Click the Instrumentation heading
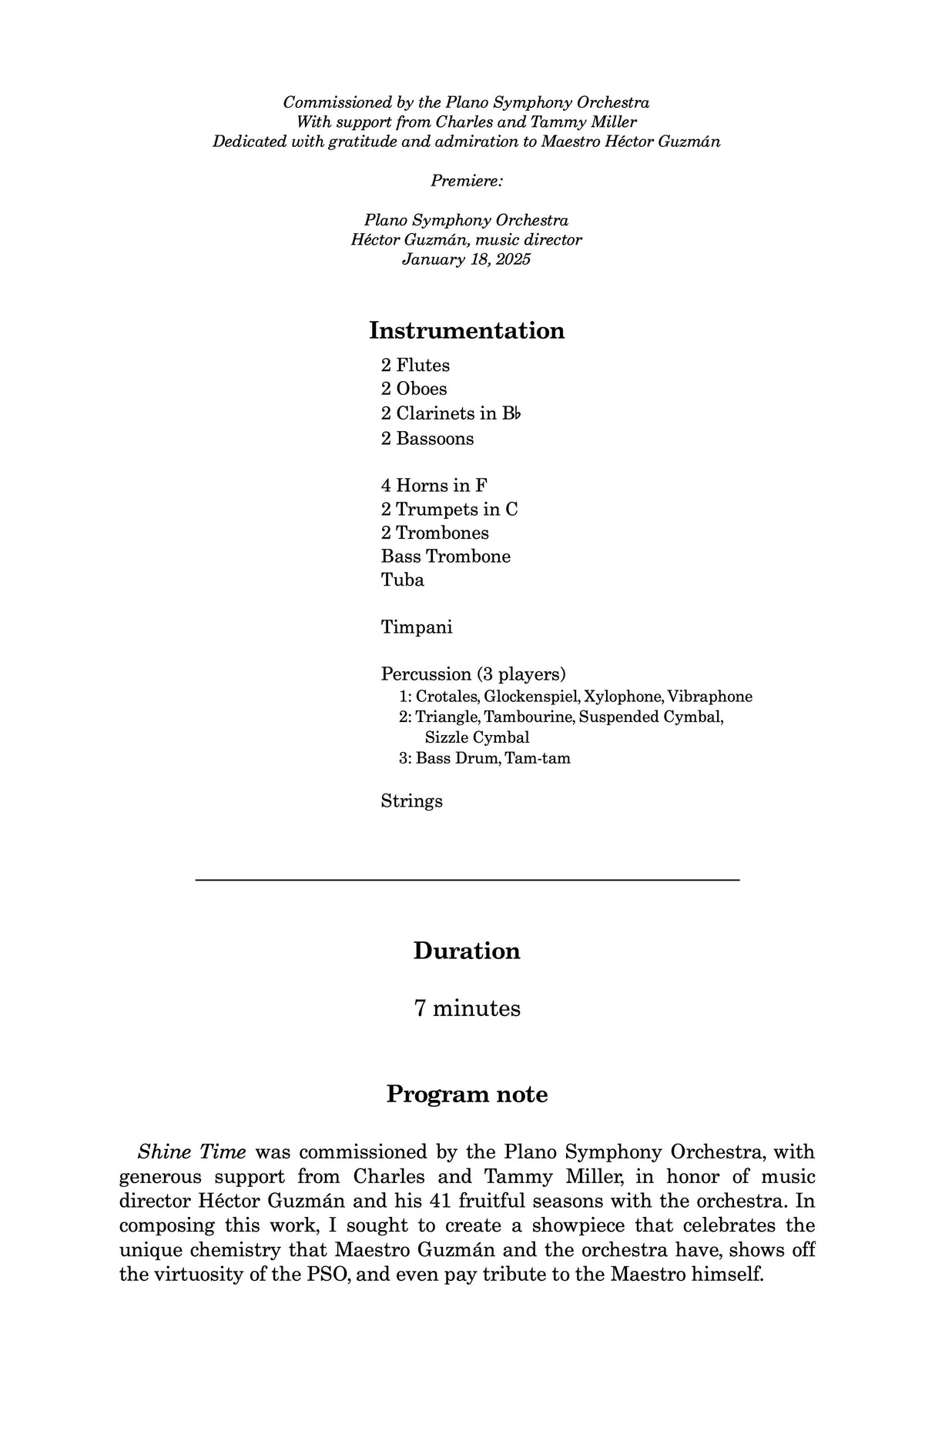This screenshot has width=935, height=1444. click(x=467, y=330)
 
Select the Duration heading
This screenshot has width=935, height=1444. click(x=467, y=951)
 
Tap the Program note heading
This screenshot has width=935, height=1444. click(x=467, y=1094)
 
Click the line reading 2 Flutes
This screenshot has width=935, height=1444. click(x=415, y=365)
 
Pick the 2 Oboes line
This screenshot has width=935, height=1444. click(x=414, y=389)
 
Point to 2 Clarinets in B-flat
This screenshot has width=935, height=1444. click(x=451, y=413)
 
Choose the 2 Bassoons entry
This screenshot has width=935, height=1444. click(x=427, y=439)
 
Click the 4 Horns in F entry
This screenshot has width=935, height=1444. click(x=434, y=486)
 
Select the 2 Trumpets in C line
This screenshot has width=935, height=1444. click(x=449, y=510)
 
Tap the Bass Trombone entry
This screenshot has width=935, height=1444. click(x=445, y=557)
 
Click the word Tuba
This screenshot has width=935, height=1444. click(x=402, y=580)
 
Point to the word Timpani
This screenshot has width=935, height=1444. click(x=417, y=627)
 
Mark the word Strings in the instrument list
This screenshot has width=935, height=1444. click(x=411, y=801)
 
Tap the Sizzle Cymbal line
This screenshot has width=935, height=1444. click(x=477, y=737)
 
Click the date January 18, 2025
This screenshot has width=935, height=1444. click(x=466, y=259)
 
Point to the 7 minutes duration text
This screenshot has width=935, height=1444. click(x=467, y=1008)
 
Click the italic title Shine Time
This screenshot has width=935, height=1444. click(x=192, y=1152)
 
